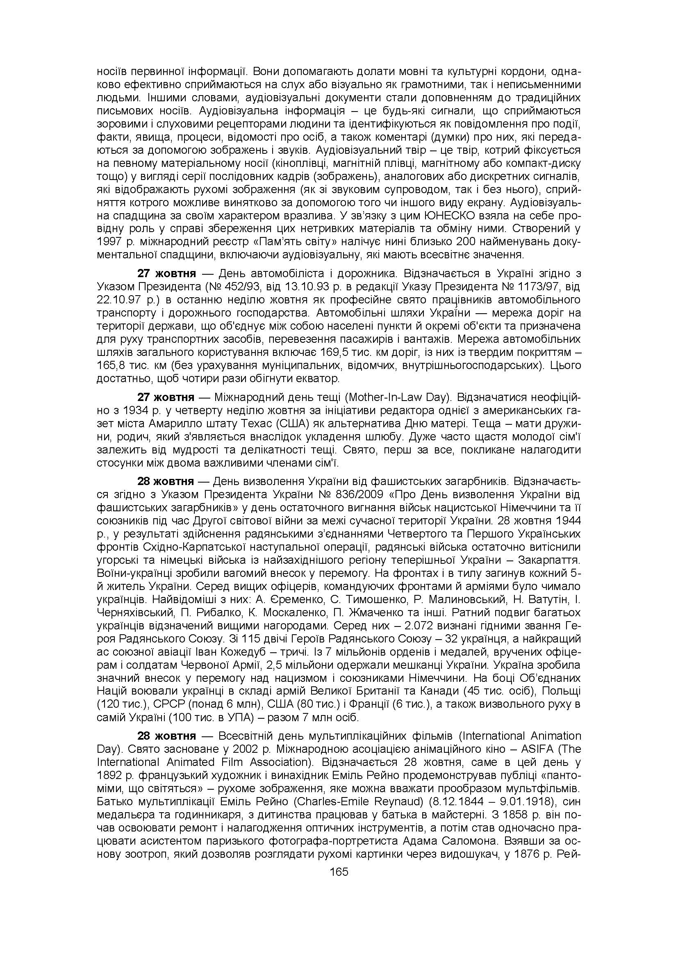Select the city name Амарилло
tap(182, 423)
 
